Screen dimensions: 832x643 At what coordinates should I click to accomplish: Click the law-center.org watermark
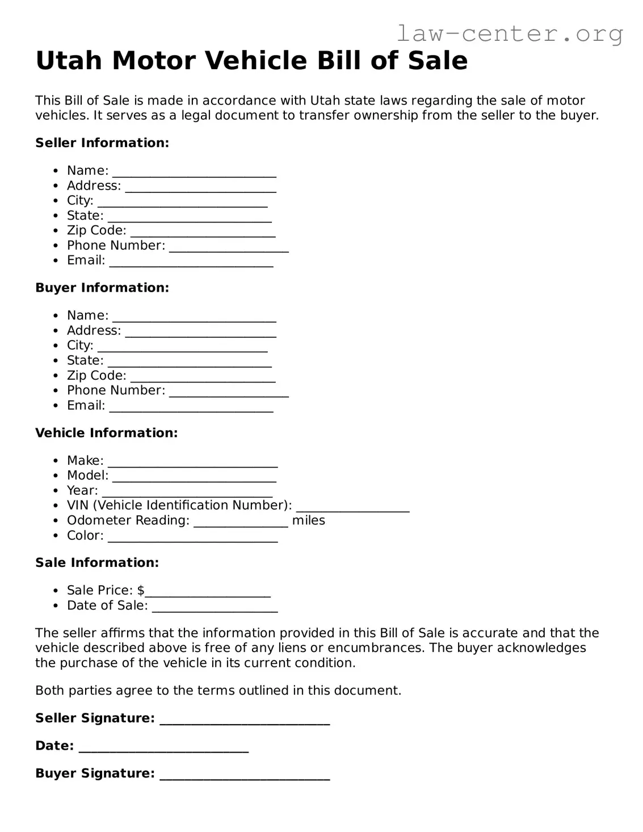pyautogui.click(x=509, y=33)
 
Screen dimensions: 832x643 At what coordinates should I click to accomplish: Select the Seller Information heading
pyautogui.click(x=102, y=143)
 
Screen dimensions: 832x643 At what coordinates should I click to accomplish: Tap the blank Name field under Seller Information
pyautogui.click(x=194, y=173)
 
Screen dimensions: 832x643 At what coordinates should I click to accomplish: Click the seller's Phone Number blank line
pyautogui.click(x=229, y=247)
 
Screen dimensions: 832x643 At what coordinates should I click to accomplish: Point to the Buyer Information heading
pyautogui.click(x=102, y=288)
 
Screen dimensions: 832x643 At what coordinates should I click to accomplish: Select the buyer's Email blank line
pyautogui.click(x=191, y=407)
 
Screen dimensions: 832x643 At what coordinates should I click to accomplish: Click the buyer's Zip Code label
pyautogui.click(x=96, y=376)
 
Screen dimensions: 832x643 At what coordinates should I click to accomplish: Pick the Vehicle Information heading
pyautogui.click(x=106, y=433)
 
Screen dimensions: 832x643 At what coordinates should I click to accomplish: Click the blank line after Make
pyautogui.click(x=192, y=463)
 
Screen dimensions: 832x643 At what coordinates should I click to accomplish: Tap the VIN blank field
pyautogui.click(x=352, y=507)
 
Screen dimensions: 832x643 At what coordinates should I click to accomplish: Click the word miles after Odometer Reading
pyautogui.click(x=308, y=520)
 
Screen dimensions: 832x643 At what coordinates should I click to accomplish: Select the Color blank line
pyautogui.click(x=192, y=537)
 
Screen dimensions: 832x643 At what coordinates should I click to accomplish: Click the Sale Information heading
pyautogui.click(x=97, y=563)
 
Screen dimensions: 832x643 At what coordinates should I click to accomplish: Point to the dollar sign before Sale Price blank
pyautogui.click(x=141, y=590)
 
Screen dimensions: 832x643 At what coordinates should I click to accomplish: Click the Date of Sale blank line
pyautogui.click(x=215, y=608)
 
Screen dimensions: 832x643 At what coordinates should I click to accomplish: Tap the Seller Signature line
pyautogui.click(x=245, y=720)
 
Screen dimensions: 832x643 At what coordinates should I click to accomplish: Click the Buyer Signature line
pyautogui.click(x=245, y=775)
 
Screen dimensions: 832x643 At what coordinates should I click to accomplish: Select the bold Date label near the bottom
pyautogui.click(x=54, y=746)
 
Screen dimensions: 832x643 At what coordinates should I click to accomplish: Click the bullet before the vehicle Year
pyautogui.click(x=56, y=491)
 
